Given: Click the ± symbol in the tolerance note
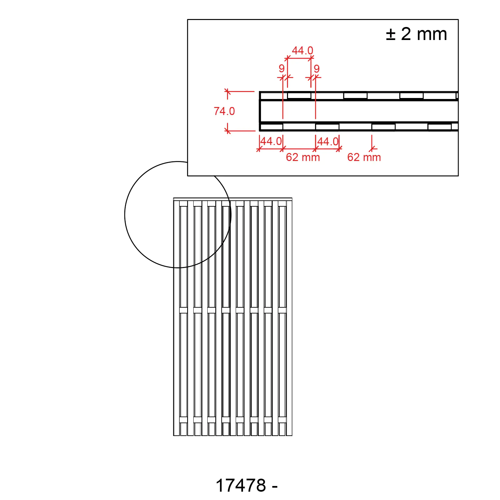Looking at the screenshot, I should [391, 35].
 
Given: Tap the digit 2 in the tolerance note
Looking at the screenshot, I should [406, 34].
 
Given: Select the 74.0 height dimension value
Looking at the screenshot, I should [224, 111].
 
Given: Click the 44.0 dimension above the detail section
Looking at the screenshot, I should [302, 51].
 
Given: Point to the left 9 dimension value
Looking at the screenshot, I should [282, 69].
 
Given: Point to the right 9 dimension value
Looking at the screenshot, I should [317, 69].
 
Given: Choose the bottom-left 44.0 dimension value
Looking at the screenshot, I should [271, 141].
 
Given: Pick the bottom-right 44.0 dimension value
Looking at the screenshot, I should [328, 142].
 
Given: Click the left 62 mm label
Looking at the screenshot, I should [303, 157].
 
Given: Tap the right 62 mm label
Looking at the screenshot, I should [364, 157].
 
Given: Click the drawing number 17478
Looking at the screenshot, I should [241, 485].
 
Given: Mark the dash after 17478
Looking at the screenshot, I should [275, 487].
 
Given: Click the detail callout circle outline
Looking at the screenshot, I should [125, 215].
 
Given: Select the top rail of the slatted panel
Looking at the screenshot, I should [233, 199].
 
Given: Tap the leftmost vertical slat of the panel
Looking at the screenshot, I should [176, 317].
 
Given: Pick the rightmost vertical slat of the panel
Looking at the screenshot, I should [289, 317].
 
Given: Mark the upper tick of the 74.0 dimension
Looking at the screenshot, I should [228, 91].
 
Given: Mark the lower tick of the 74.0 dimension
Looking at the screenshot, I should [228, 131].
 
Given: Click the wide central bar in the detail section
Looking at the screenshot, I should [358, 111].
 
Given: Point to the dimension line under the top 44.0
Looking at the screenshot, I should [299, 58].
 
